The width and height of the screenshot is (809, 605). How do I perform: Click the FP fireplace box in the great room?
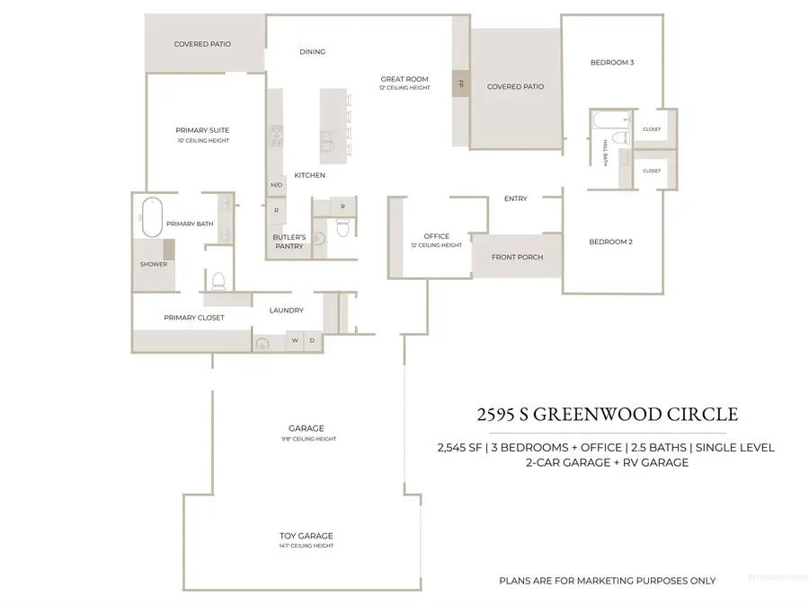point(460,83)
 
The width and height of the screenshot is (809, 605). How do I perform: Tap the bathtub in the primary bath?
point(151,215)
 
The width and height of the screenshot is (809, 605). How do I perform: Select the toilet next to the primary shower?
point(216,281)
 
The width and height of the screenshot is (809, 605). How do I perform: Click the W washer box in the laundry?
point(295,341)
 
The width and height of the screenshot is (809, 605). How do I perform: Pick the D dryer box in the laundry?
point(313,341)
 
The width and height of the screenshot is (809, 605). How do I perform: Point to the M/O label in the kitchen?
point(276,185)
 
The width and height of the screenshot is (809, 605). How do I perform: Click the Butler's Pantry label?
point(289,241)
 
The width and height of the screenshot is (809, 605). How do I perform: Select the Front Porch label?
point(517,258)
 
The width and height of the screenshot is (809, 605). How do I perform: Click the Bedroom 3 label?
point(612,63)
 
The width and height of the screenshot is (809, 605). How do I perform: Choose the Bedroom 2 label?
point(612,241)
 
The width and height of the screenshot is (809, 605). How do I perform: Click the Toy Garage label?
point(300,536)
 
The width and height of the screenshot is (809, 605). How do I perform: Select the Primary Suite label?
point(202,131)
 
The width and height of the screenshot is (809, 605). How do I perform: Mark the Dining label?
point(312,52)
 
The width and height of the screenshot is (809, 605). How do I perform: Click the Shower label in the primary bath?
point(154,264)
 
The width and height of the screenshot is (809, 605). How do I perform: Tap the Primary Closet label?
point(194,318)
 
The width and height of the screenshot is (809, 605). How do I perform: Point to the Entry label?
point(516,198)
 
